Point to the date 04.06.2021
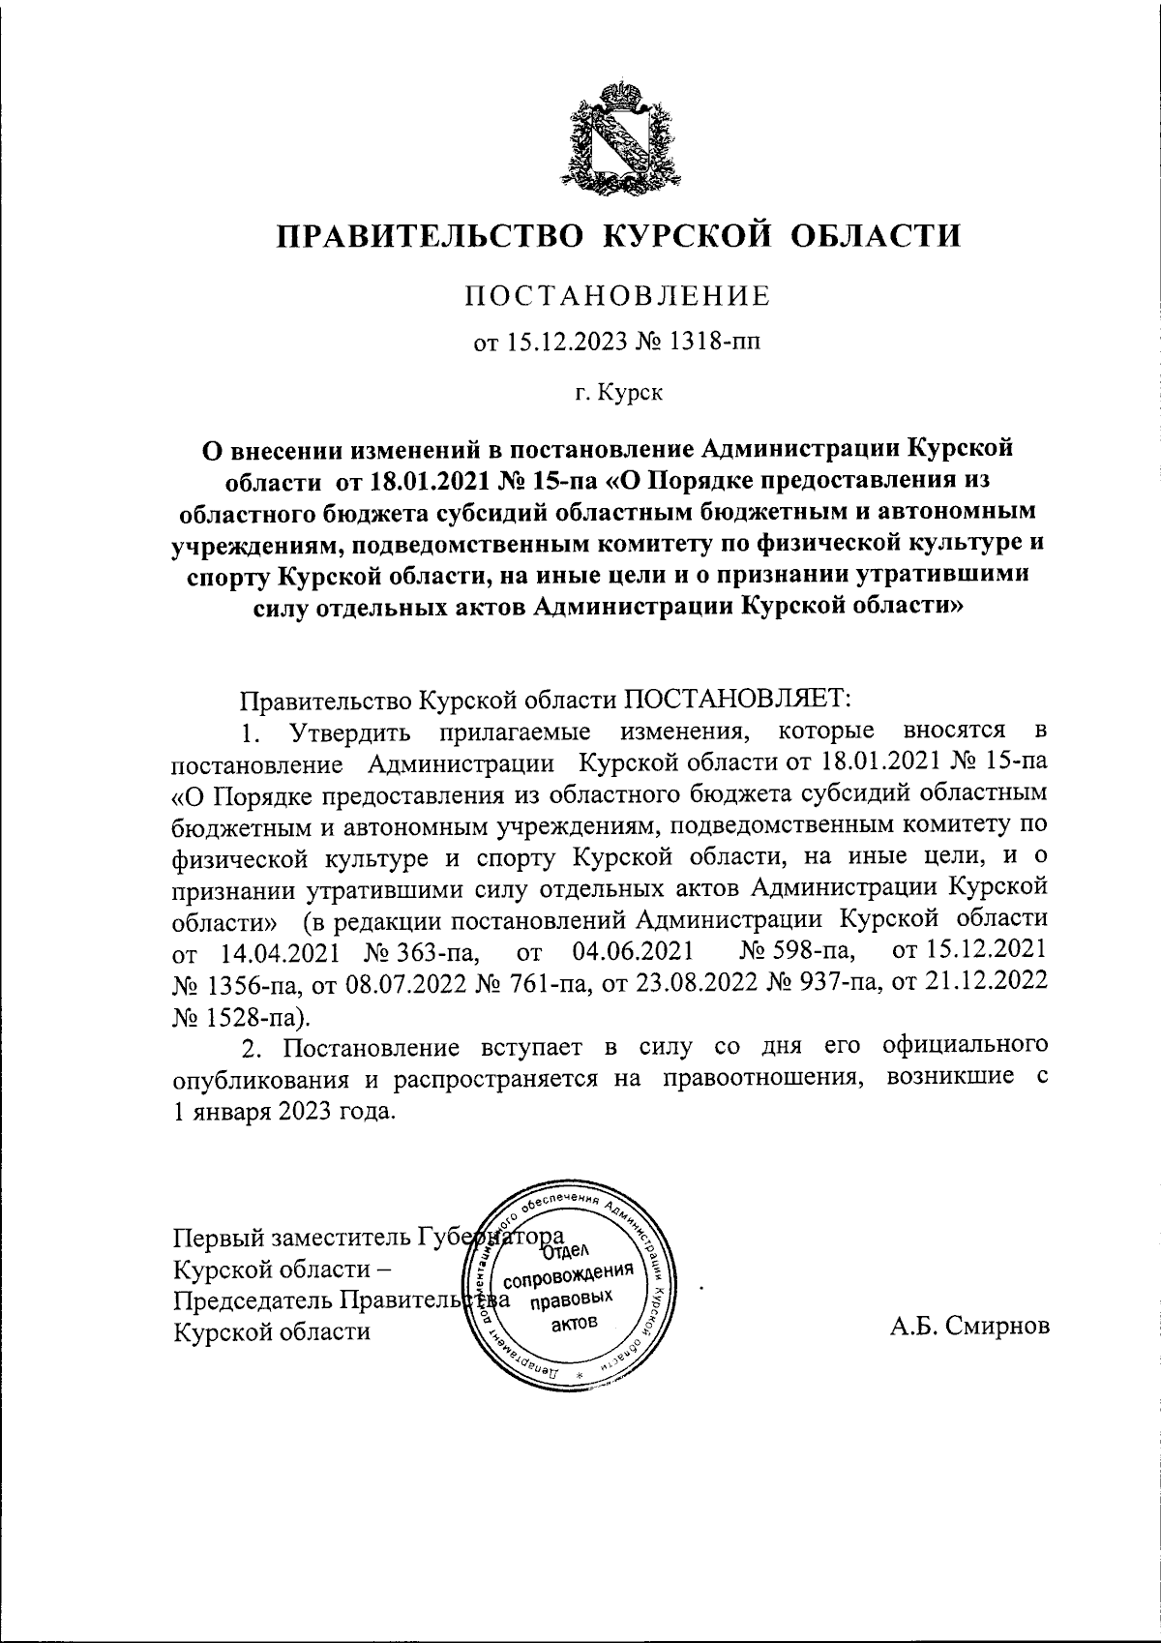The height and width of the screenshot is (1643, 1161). [x=630, y=953]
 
